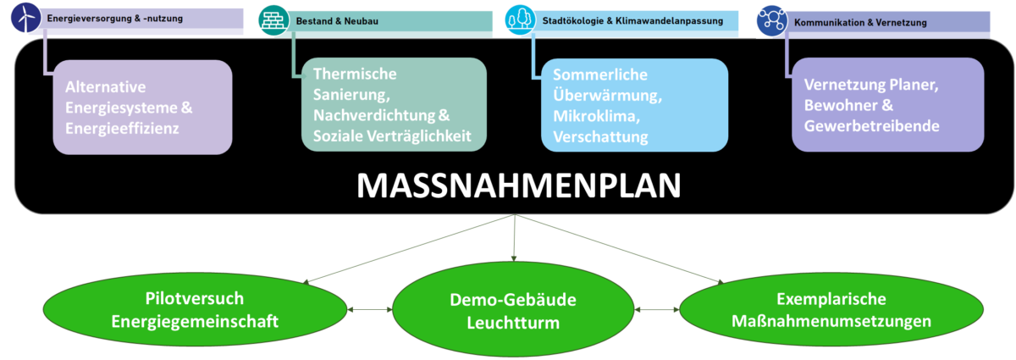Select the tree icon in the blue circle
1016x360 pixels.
[x=520, y=19]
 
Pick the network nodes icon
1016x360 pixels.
[x=771, y=19]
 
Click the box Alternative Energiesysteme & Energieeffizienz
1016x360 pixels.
[x=141, y=108]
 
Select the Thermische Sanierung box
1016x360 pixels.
[x=394, y=106]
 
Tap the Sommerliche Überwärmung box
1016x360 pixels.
[x=634, y=106]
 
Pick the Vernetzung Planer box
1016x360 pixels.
[x=887, y=106]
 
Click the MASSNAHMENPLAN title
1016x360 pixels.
[x=518, y=186]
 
